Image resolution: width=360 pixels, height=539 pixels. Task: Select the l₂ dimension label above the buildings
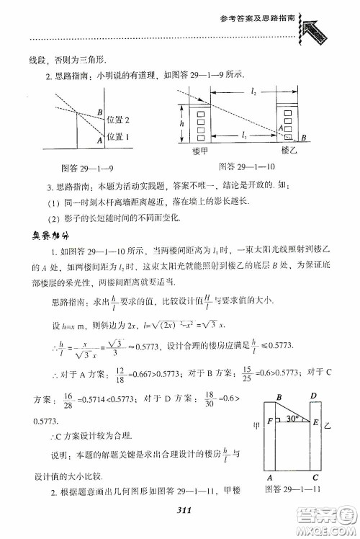[253, 92]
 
